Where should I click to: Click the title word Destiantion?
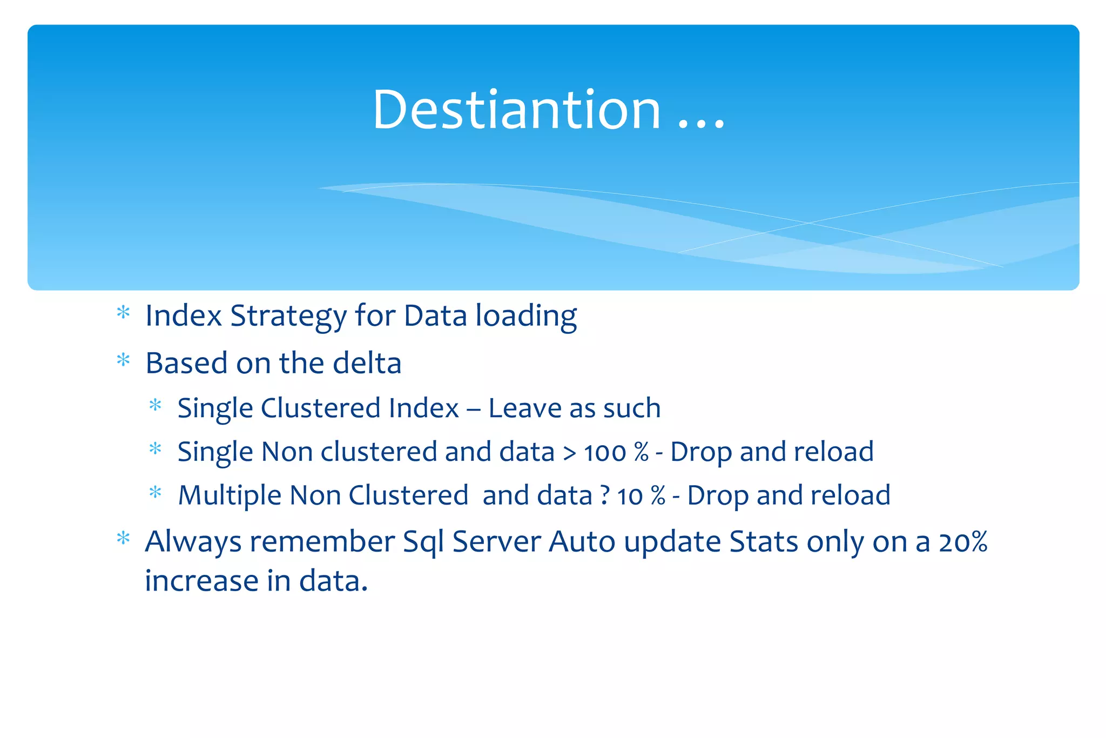click(516, 110)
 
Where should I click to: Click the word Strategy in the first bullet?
click(288, 317)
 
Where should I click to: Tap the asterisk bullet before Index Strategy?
click(124, 313)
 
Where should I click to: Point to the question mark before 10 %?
click(605, 496)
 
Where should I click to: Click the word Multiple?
click(230, 496)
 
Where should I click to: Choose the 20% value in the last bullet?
click(963, 542)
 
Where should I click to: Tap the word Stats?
click(763, 542)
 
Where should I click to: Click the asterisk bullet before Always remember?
click(124, 539)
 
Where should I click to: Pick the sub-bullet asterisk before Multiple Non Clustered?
click(156, 493)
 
